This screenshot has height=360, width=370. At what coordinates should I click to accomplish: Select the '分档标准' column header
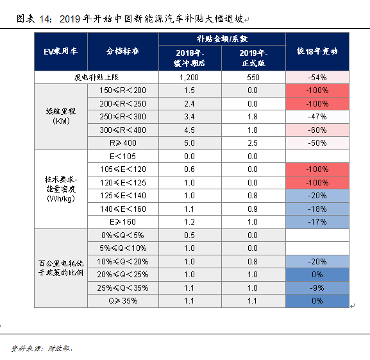coord(122,51)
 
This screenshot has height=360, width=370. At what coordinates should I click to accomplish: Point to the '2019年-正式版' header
coord(253,57)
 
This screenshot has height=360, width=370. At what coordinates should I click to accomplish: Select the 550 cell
coord(253,77)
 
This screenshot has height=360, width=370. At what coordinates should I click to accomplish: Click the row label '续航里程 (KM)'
coord(60,116)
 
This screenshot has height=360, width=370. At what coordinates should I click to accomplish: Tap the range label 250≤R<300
coord(122,117)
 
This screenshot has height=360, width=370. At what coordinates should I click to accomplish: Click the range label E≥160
coord(122,221)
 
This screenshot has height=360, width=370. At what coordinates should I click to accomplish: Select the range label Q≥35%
coord(122,300)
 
